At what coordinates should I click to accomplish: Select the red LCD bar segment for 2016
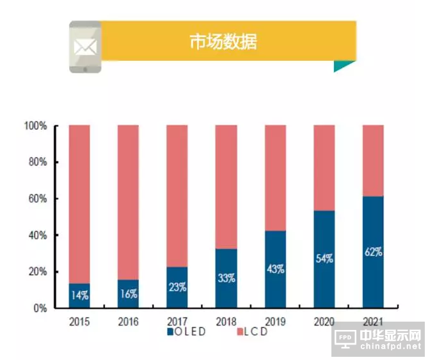coord(128,201)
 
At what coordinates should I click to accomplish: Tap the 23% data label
coord(177,287)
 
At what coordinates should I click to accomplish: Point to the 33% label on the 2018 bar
coord(226,278)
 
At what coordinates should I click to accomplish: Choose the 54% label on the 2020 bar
coord(324,260)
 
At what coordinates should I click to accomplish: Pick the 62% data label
coord(373,252)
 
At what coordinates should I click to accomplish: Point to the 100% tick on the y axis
coord(36,126)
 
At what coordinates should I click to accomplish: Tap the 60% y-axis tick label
coord(38,199)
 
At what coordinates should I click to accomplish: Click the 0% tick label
coord(40,308)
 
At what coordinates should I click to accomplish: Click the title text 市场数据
coord(223,43)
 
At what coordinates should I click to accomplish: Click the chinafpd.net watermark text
coord(389,347)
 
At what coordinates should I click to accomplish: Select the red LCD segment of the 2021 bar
coord(373,160)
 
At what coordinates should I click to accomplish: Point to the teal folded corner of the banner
coord(343,66)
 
